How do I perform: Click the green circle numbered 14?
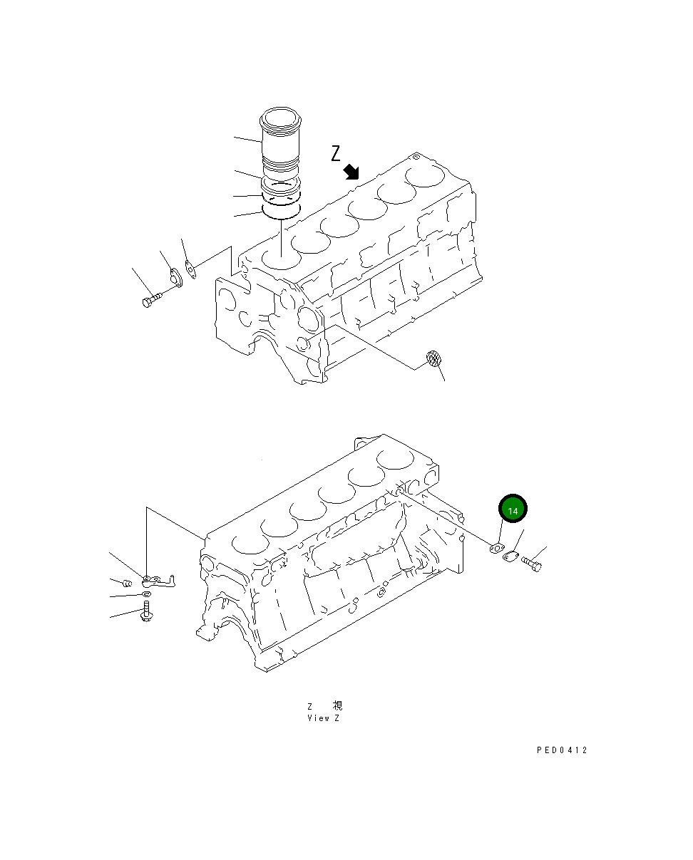click(513, 509)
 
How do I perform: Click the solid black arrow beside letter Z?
click(351, 171)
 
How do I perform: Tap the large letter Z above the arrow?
click(337, 152)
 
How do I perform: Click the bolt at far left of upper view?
click(151, 299)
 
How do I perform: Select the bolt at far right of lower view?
click(532, 564)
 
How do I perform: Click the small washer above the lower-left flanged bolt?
click(145, 594)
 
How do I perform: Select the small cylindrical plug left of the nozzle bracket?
click(128, 584)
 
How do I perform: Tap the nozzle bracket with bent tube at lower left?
click(160, 581)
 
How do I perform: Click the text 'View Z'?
click(324, 718)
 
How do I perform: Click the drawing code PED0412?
click(562, 750)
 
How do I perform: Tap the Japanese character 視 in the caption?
click(338, 705)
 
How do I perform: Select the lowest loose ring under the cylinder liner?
click(282, 209)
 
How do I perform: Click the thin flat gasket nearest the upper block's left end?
click(190, 269)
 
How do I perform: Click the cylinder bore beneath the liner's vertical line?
click(279, 258)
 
